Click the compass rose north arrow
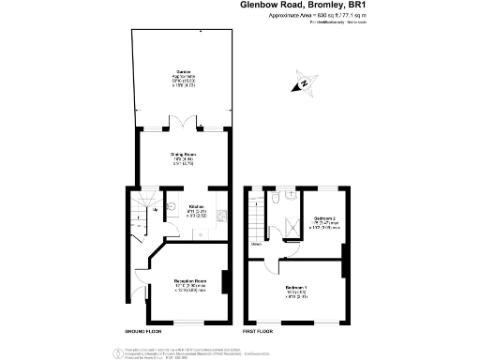[x=304, y=85]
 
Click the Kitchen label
[x=197, y=210]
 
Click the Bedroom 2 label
[x=325, y=220]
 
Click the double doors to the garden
[x=181, y=124]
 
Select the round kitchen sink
[x=172, y=207]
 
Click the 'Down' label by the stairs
[x=255, y=247]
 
